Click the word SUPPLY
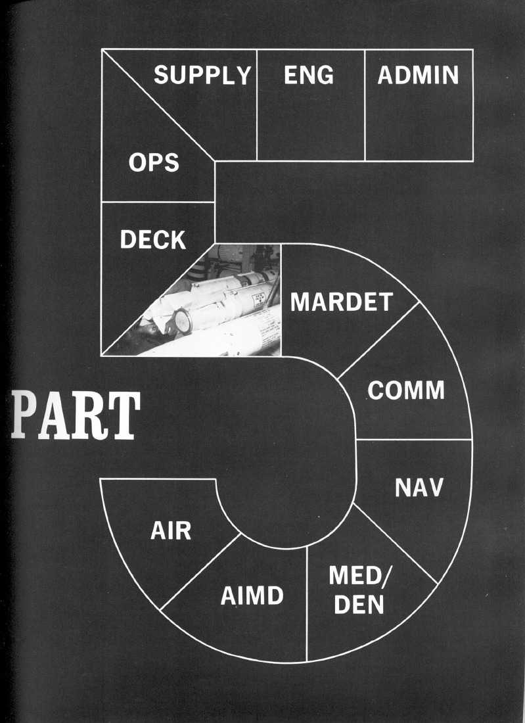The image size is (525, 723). point(202,76)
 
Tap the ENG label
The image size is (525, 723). point(308,76)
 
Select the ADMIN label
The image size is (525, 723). point(418,76)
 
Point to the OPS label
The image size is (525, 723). point(154,162)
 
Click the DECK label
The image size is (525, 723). point(153,240)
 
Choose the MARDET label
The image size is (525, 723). point(341,302)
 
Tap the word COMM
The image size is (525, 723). point(405,390)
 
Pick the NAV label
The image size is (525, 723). point(419,488)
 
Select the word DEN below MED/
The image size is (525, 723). point(359,605)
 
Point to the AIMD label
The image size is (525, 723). point(252,596)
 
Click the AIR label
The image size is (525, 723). point(171,530)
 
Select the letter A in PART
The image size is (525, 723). point(55,416)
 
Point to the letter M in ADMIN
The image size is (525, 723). point(418,76)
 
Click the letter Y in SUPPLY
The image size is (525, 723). point(243,76)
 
